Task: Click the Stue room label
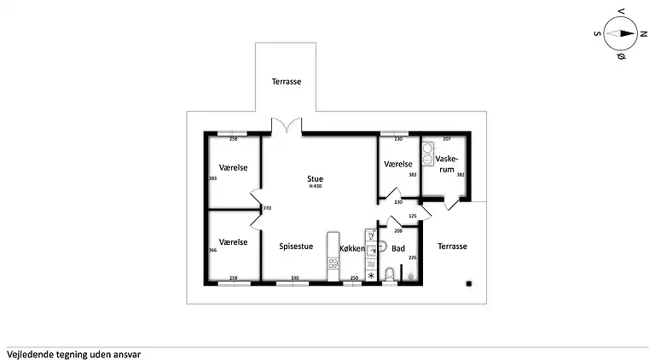pyautogui.click(x=316, y=178)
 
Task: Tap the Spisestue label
pyautogui.click(x=296, y=246)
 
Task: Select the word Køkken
pyautogui.click(x=352, y=249)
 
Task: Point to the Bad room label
pyautogui.click(x=397, y=249)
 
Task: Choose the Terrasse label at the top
pyautogui.click(x=286, y=82)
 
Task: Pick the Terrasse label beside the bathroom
pyautogui.click(x=452, y=246)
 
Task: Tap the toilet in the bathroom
pyautogui.click(x=390, y=274)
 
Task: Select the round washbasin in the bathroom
pyautogui.click(x=383, y=247)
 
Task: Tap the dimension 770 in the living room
pyautogui.click(x=267, y=208)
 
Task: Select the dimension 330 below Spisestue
pyautogui.click(x=294, y=278)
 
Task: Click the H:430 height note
pyautogui.click(x=316, y=186)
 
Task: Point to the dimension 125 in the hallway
pyautogui.click(x=413, y=216)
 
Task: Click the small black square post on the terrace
pyautogui.click(x=467, y=282)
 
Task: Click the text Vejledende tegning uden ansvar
pyautogui.click(x=73, y=352)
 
